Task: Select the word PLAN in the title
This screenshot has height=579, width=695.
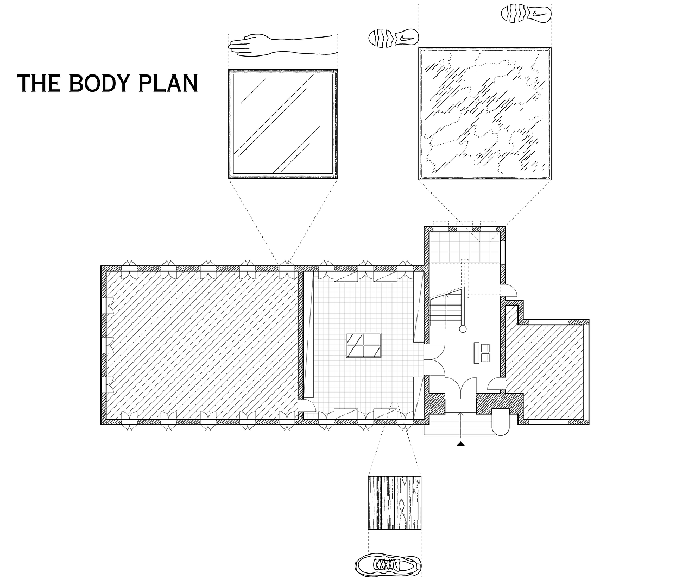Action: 168,83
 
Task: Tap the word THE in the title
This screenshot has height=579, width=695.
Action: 39,83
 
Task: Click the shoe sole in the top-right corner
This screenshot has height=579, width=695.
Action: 526,14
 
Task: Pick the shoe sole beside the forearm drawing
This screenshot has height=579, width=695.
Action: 394,38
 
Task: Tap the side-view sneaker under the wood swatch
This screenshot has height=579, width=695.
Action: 388,565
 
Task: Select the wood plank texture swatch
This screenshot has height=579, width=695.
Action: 394,503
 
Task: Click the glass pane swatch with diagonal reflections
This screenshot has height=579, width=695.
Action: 283,124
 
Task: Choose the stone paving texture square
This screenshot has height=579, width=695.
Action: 485,114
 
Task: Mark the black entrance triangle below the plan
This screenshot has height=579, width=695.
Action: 460,444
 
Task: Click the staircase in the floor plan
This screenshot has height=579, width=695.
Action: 446,308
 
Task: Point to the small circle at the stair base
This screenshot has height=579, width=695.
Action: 463,329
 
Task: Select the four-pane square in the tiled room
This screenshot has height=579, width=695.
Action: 364,345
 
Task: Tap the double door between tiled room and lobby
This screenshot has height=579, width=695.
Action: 434,360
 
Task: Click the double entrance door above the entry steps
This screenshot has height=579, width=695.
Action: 461,387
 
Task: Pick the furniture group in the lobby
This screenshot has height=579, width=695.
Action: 482,353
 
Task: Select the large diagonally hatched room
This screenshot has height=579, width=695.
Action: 202,345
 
